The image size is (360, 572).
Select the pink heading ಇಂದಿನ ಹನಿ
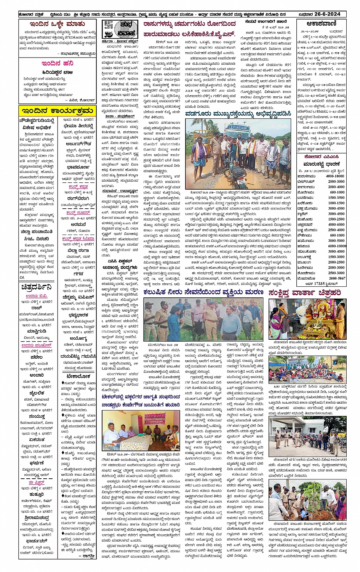click(x=58, y=63)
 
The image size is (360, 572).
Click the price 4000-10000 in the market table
click(x=335, y=176)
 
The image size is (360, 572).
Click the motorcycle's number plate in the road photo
click(x=241, y=182)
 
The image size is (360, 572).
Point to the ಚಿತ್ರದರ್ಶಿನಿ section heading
click(x=37, y=287)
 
